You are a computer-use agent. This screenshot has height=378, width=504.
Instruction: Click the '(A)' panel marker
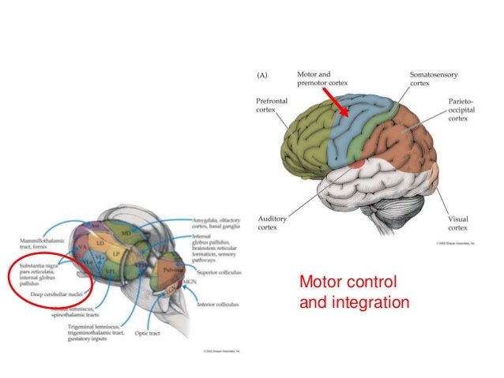263,75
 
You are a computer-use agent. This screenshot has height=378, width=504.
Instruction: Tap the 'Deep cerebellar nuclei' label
55,294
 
